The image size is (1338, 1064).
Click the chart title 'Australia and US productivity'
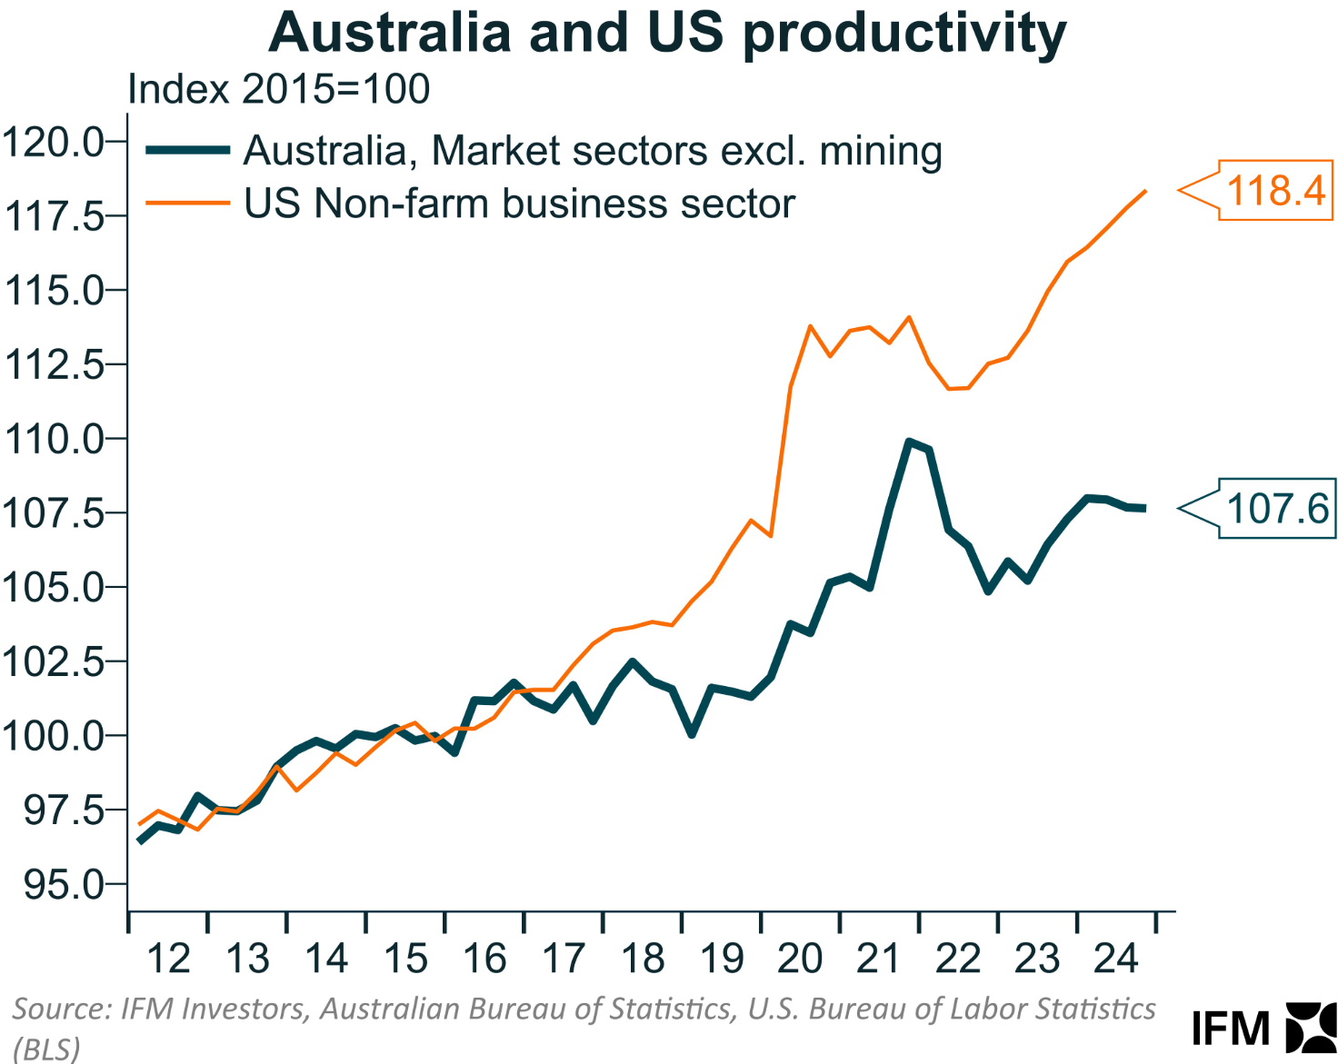tap(667, 33)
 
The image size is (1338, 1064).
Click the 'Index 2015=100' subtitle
tap(278, 89)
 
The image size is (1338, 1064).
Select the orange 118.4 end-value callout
tap(1274, 191)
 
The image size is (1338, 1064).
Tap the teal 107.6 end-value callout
tap(1276, 508)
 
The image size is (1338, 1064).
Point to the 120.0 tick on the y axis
tap(55, 142)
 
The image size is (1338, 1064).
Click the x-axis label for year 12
tap(168, 960)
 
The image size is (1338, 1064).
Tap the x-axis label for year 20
tap(800, 960)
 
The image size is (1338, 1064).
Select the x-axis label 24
tap(1116, 960)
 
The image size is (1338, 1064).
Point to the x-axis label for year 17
tap(564, 960)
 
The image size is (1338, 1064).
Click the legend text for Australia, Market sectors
tap(593, 151)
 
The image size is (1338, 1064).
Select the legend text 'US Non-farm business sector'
tap(519, 204)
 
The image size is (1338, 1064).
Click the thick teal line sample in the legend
tap(187, 151)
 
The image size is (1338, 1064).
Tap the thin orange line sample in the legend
tap(187, 204)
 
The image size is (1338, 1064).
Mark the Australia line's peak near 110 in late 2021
tap(909, 442)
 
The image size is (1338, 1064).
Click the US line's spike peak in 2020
tap(810, 326)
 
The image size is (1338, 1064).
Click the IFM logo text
tap(1231, 1029)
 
